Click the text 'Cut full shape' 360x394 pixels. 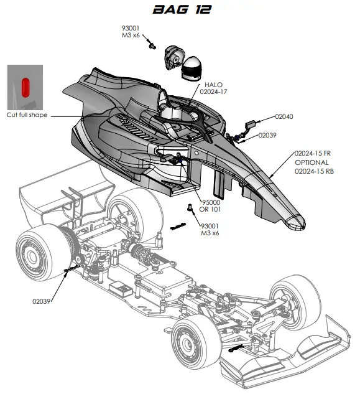pos(27,115)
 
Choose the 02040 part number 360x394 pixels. pos(283,116)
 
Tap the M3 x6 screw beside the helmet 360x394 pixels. pos(151,45)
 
